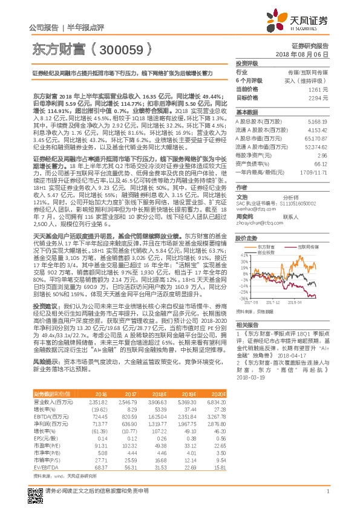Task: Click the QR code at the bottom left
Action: (35, 491)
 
